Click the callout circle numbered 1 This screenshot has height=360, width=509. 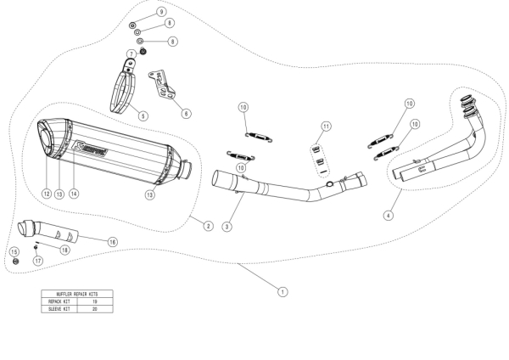(282, 290)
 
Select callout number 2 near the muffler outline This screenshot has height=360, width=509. (206, 225)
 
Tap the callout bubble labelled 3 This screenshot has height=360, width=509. (227, 227)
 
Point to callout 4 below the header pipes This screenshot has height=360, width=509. (388, 216)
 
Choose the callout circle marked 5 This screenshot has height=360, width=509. (143, 115)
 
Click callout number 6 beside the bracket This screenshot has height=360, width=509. (186, 112)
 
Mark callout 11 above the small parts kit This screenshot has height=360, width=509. (323, 127)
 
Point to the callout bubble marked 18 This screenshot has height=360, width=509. (64, 251)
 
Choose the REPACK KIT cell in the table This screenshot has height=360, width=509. (60, 301)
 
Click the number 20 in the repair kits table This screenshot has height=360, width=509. (95, 309)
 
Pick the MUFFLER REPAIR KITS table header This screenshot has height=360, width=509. (77, 294)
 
